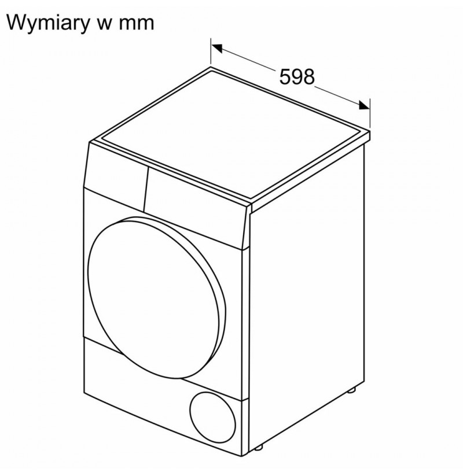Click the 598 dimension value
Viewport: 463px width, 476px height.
[x=296, y=76]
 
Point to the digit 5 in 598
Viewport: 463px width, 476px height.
[x=285, y=76]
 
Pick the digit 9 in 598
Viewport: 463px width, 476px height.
[x=296, y=76]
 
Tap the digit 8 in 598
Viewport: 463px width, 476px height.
[x=308, y=76]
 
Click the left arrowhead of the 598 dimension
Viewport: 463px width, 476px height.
[x=217, y=48]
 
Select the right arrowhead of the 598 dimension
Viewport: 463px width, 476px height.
[x=363, y=105]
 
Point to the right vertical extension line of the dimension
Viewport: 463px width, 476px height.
[x=370, y=113]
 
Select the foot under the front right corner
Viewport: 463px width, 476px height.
[x=259, y=447]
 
